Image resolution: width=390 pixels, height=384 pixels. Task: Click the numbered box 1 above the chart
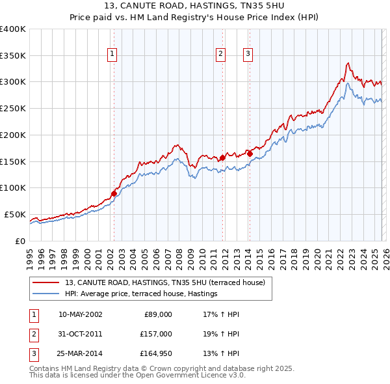point(112,54)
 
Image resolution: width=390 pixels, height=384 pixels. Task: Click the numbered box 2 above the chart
point(221,54)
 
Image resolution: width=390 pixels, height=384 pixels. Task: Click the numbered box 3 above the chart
point(248,54)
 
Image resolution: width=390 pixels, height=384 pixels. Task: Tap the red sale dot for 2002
point(114,193)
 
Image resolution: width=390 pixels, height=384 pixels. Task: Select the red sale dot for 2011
point(222,158)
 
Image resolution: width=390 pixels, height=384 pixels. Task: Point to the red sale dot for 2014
point(250,154)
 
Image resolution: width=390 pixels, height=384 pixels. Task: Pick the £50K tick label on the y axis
point(15,214)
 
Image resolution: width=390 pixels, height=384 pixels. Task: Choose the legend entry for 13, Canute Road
point(164,282)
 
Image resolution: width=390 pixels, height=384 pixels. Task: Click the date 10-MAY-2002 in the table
point(80,314)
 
